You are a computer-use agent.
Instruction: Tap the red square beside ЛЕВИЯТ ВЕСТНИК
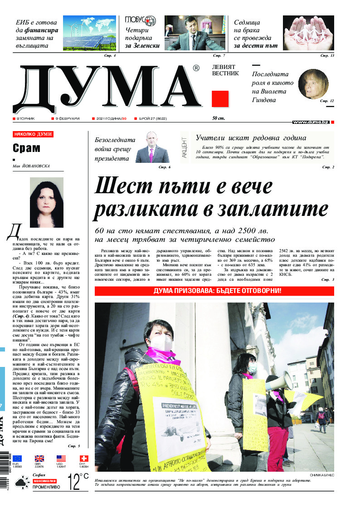coord(220,99)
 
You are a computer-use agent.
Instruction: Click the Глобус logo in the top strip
coord(140,21)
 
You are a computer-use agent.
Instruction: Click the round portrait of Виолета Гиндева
coord(313,83)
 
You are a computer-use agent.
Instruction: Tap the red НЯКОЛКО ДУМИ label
coord(33,134)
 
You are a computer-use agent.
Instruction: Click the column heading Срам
coord(26,148)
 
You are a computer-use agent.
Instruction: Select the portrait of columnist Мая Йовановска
coord(45,202)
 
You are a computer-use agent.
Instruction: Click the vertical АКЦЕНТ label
coord(184,147)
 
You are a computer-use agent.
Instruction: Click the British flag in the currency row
coord(39,459)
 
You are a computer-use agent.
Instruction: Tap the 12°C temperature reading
coord(78,482)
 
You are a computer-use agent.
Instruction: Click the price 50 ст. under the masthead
coord(219,118)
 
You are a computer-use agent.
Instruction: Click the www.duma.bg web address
coord(311,122)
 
